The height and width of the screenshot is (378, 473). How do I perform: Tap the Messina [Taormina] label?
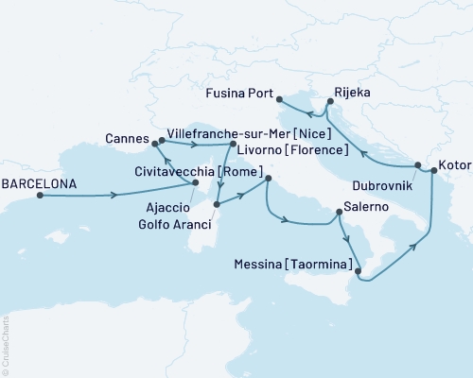click(x=289, y=267)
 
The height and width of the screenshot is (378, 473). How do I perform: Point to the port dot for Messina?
click(x=359, y=269)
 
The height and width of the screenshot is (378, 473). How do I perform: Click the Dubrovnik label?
click(x=385, y=186)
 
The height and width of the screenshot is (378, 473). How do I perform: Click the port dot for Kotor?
click(x=434, y=170)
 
